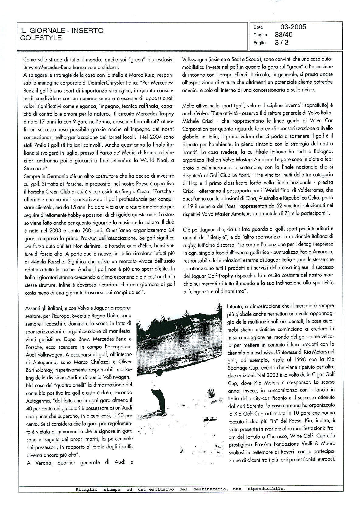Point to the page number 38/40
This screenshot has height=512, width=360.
[283, 35]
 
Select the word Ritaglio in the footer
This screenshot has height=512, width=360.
[87, 489]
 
